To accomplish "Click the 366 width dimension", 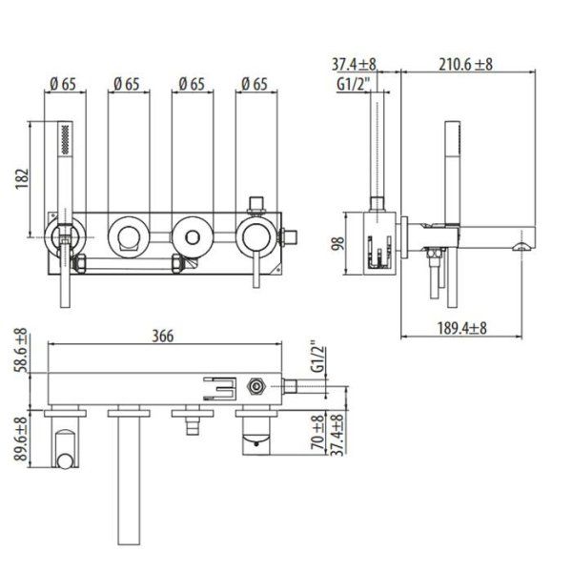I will coord(169,336).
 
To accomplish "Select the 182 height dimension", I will coord(23,178).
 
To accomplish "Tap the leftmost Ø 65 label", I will coord(63,84).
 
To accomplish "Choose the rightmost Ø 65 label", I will coord(254,84).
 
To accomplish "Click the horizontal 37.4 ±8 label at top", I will coord(354,64).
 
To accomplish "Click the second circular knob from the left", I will coord(127,234).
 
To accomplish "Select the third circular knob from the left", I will coord(191,234).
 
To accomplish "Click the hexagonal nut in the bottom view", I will coord(255,388).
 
